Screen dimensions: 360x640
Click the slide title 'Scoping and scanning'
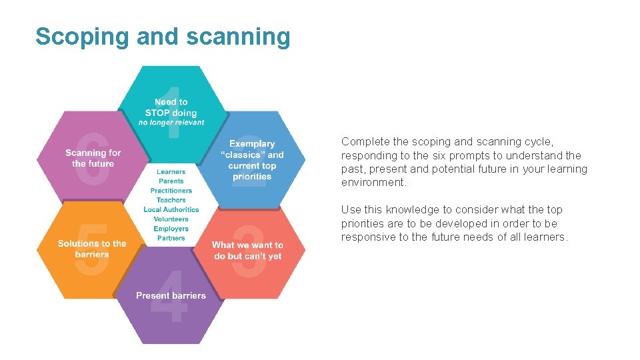click(163, 37)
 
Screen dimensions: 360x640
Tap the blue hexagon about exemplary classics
click(252, 160)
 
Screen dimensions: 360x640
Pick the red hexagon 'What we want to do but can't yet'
click(248, 251)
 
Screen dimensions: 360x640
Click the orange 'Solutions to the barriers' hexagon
click(91, 249)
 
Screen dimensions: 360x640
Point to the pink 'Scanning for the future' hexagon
click(93, 158)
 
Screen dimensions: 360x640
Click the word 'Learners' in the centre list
click(171, 172)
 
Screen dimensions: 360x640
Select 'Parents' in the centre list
click(171, 181)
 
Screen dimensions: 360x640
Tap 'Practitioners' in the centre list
click(171, 191)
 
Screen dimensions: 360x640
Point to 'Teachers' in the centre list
click(171, 200)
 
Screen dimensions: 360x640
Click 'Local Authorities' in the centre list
click(171, 209)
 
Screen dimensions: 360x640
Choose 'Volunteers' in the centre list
click(171, 219)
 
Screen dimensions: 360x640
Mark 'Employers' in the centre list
click(171, 229)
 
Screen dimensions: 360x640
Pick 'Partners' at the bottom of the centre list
click(171, 238)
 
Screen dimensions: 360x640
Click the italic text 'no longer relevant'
click(171, 123)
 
